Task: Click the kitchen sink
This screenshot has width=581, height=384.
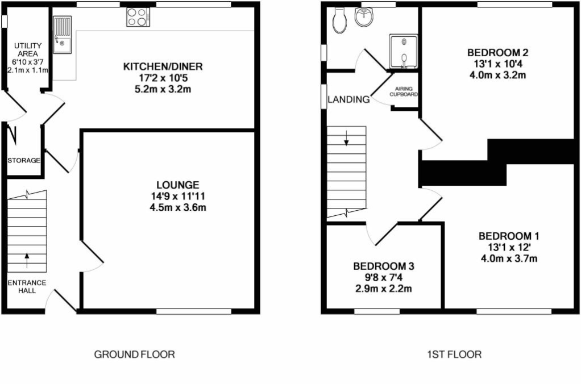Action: coord(63,34)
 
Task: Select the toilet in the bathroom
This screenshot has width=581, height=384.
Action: coord(341,19)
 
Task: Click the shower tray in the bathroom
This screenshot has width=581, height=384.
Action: coord(403,52)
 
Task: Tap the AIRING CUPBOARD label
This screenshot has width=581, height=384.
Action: coord(404,91)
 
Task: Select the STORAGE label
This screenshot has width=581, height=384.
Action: coord(24,160)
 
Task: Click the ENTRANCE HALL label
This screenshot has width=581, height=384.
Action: coord(26,286)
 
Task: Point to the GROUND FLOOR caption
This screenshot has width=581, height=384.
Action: coord(134,354)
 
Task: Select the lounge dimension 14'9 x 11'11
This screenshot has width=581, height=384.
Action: coord(178,196)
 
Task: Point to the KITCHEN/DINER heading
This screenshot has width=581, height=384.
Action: coord(163,67)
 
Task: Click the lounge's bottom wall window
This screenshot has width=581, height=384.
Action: coord(194,311)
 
